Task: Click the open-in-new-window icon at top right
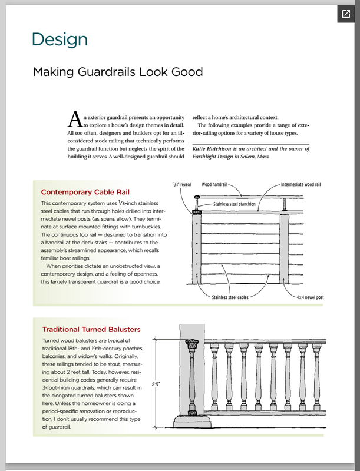click(x=345, y=14)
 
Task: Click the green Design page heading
click(x=60, y=39)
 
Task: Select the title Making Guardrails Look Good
click(x=118, y=72)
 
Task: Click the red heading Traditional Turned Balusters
click(x=91, y=329)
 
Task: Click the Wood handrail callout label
click(x=214, y=184)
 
